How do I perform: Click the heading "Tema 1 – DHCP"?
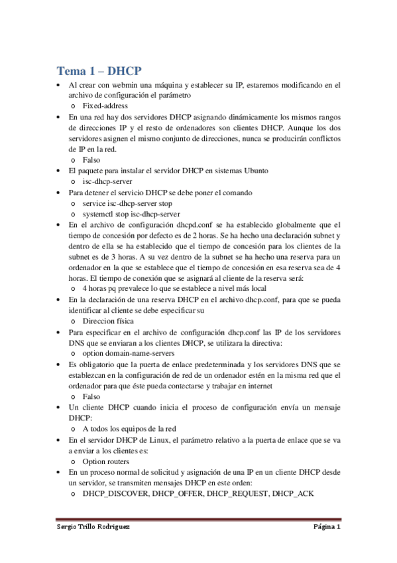click(99, 71)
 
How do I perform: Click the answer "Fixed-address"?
click(105, 106)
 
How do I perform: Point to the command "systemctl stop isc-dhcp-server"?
click(131, 214)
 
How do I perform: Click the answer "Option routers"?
click(106, 460)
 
